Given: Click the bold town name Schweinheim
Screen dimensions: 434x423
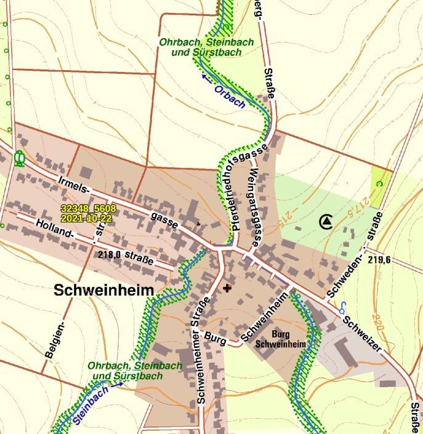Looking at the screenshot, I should coord(103,290).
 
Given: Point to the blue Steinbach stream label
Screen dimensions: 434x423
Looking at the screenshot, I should coord(91,406).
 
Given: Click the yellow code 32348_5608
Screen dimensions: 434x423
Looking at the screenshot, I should coord(88,210).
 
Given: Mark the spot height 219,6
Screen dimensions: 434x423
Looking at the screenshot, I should coord(379,260).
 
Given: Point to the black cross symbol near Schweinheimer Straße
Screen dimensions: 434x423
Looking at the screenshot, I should coord(227,288).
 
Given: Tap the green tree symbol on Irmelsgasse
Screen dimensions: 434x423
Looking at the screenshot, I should coord(19,159).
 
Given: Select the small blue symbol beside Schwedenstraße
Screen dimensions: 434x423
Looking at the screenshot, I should coord(342,307).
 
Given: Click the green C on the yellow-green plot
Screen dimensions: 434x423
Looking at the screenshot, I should coord(380,183).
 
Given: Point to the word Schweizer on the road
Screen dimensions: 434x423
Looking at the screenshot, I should coord(363,334).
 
